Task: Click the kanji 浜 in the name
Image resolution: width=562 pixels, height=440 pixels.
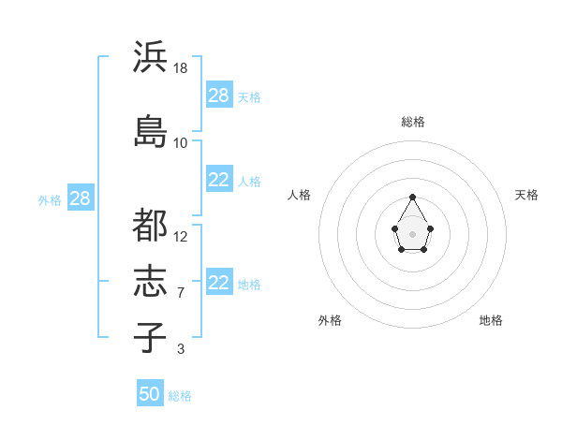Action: coord(150,57)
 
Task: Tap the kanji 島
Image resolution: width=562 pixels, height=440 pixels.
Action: coord(150,131)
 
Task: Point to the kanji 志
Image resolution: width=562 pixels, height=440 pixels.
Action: coord(150,282)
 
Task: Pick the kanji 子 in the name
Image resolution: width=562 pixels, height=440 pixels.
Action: coord(150,336)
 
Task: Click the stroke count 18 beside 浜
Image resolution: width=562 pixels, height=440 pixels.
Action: coord(181,68)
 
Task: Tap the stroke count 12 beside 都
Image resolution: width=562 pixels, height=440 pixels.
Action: coord(181,237)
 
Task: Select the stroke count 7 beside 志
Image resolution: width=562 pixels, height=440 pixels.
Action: coord(181,293)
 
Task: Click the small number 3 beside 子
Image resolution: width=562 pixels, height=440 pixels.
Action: coord(181,349)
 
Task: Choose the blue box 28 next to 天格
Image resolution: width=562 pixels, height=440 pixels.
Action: coord(218,95)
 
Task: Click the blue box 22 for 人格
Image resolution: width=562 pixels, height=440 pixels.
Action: coord(218,181)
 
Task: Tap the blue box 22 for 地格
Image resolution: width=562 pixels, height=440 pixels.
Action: coord(218,284)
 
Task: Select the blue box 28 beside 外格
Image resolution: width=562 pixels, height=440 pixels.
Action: coord(80,198)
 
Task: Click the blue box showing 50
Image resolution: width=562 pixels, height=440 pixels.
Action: coord(149,394)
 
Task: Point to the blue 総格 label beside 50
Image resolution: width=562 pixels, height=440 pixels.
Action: coord(180,396)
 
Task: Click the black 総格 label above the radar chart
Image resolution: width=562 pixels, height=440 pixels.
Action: coord(413,122)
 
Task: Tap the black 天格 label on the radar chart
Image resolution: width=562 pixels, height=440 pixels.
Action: coord(526,195)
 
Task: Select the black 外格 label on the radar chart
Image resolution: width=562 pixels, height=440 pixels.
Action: coord(330,320)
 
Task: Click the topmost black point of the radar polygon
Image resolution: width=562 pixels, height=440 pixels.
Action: coord(413,197)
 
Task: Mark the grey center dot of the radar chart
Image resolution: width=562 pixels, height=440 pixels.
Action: coord(413,233)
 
